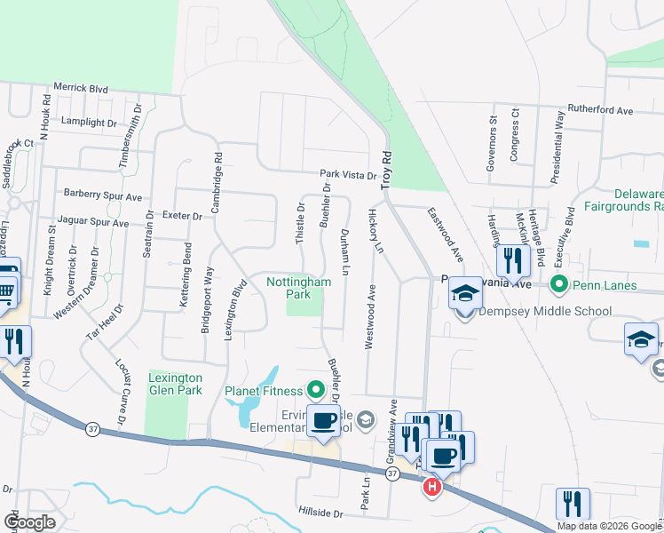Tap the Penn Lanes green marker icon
click(558, 285)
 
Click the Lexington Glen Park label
click(175, 384)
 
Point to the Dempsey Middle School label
click(545, 311)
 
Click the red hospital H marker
click(432, 487)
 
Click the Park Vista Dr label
click(348, 176)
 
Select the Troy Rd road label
click(386, 169)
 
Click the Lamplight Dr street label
click(89, 122)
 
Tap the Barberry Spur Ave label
click(103, 196)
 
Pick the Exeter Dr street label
click(184, 216)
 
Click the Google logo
click(30, 522)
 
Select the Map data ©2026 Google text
click(610, 526)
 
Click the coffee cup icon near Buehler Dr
click(322, 421)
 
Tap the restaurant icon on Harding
click(513, 259)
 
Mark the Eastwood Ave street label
click(445, 234)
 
